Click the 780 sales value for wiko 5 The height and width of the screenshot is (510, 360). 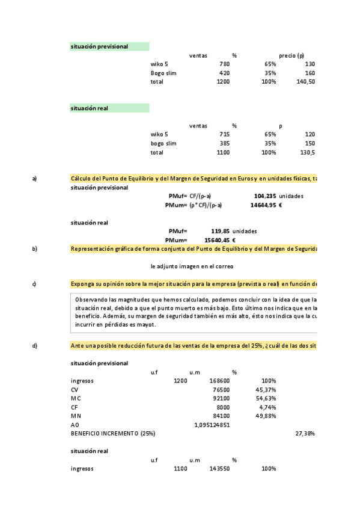tap(224, 64)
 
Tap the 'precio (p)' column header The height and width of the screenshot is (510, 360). tap(291, 55)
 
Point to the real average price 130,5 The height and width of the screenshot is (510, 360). tap(308, 153)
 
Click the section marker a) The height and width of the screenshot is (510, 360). tap(34, 179)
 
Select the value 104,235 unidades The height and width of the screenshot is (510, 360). tap(278, 196)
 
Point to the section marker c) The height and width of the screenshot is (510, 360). tap(34, 284)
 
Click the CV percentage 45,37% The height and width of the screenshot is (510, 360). tap(264, 390)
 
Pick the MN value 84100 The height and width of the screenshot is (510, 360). tap(221, 416)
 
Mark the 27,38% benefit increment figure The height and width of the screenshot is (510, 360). tap(305, 433)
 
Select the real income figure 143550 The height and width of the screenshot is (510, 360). tap(219, 469)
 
